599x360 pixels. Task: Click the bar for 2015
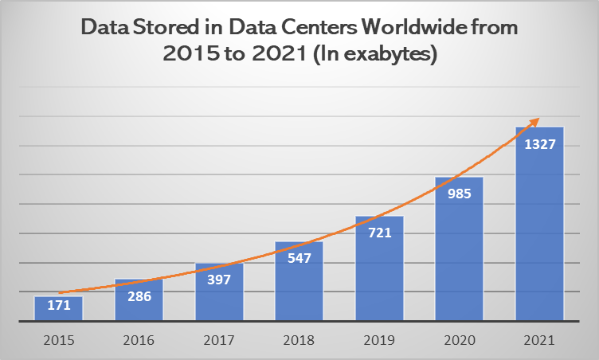[58, 309]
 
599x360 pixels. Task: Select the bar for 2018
[299, 282]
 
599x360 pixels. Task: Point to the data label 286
[139, 295]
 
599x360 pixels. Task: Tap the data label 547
[299, 258]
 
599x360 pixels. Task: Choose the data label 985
[460, 193]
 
